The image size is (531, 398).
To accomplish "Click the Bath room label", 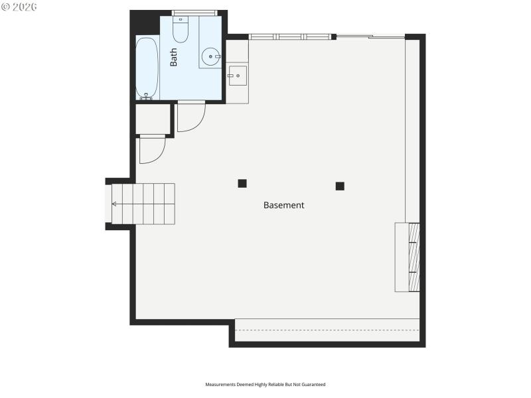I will pos(174,57).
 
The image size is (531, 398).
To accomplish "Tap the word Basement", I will pos(283,205).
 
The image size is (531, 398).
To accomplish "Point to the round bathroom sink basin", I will pos(210,57).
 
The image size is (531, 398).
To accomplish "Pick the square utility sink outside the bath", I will pos(237,76).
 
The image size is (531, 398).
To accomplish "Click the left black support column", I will pos(242,183).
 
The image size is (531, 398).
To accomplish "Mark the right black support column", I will pos(340,186).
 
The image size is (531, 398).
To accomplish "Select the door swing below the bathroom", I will pos(190,116).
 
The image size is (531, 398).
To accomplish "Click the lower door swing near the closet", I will pos(151,150).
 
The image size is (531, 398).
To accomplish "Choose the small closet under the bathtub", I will pos(153,119).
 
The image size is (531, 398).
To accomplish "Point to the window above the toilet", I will pos(194,13).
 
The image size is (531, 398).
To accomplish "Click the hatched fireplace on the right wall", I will pos(414,257).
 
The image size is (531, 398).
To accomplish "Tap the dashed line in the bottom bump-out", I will pos(327,330).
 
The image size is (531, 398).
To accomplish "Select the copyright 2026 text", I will pos(19,7).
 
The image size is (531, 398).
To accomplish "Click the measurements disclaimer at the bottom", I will pos(265,384).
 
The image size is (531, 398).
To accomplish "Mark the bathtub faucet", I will pos(146,98).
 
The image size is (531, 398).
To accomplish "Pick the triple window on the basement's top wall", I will pos(290,36).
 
